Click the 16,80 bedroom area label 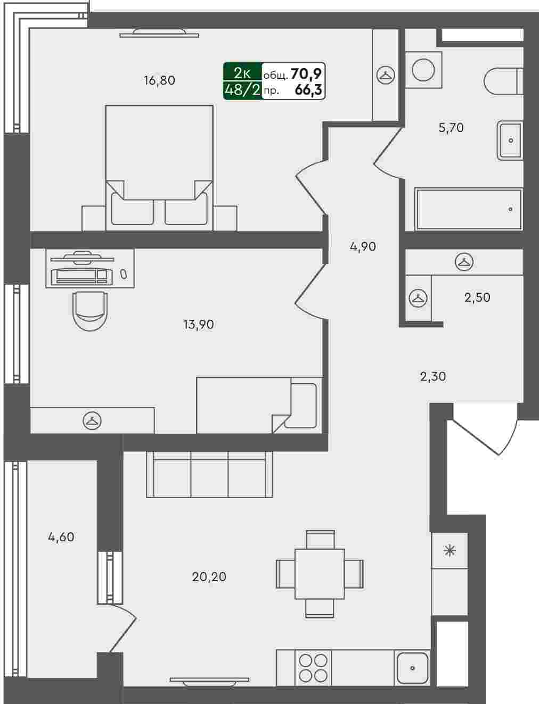(159, 80)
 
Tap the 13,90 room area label (198, 325)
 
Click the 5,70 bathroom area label (451, 128)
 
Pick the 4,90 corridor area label (363, 246)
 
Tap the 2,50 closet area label (477, 297)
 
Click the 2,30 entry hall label (432, 377)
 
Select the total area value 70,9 (306, 74)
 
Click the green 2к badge (242, 73)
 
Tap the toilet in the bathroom (503, 81)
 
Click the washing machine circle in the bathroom (423, 70)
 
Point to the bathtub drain (510, 209)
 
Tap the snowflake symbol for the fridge (450, 551)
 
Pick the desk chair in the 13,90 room (90, 311)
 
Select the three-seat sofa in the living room (210, 474)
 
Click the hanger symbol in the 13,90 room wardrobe (92, 420)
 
